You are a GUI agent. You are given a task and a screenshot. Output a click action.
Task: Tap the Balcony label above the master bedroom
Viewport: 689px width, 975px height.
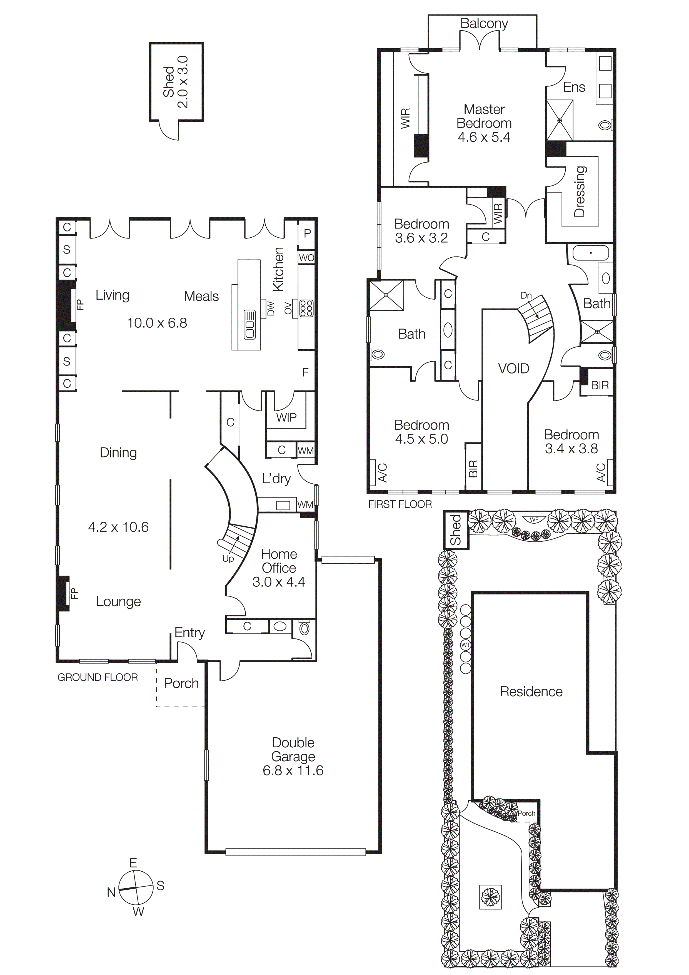[484, 23]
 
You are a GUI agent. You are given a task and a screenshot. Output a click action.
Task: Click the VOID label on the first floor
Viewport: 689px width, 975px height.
[513, 368]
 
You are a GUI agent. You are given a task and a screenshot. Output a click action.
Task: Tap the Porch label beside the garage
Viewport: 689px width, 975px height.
[181, 683]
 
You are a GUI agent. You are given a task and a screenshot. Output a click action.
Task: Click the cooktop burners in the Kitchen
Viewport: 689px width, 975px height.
[306, 308]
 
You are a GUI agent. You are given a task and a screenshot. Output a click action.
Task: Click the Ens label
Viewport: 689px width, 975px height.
[574, 87]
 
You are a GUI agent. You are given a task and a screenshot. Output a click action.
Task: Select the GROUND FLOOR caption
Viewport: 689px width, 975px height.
[98, 677]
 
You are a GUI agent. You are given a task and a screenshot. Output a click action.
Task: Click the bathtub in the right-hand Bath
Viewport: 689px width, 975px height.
[590, 253]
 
